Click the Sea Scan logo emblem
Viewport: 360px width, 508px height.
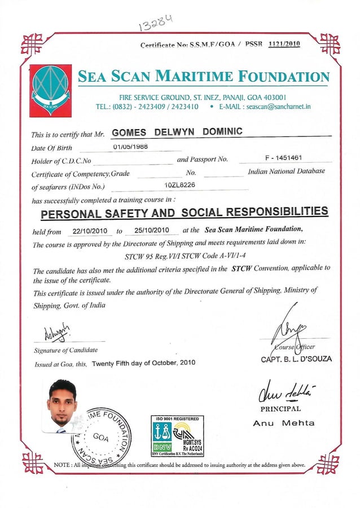[51, 89]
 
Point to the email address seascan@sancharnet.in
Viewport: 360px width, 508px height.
[279, 106]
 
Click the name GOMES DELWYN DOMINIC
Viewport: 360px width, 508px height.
[177, 132]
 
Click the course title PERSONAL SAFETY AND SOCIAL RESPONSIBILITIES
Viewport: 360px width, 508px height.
[185, 213]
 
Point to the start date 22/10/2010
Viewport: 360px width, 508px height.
[90, 231]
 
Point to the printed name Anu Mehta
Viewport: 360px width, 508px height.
[283, 423]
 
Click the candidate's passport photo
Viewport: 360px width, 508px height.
[62, 406]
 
